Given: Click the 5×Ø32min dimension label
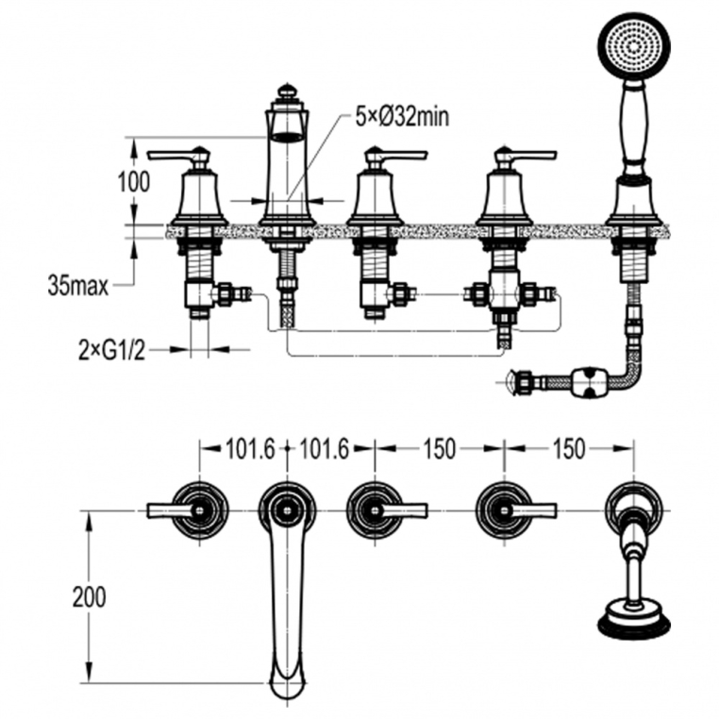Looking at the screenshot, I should (x=401, y=117).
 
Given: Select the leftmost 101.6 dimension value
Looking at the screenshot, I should (x=250, y=449).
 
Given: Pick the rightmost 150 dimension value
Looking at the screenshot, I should (x=568, y=449).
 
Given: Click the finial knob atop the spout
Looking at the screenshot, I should (x=287, y=92).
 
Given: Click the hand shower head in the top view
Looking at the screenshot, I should (x=633, y=622).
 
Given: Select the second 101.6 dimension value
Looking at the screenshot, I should (x=325, y=449).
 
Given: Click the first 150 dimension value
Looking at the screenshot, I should (x=439, y=449).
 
